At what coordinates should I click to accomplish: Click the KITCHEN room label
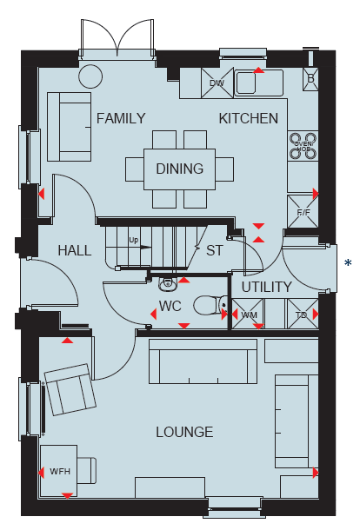point(249,119)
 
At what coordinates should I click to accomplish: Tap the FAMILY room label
point(121,119)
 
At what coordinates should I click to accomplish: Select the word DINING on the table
point(180,169)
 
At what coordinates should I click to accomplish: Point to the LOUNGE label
point(184,432)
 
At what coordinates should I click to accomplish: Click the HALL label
point(75,250)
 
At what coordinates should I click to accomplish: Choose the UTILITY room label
point(266,287)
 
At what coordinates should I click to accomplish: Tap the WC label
point(170,306)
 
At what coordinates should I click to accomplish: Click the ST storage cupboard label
point(215,250)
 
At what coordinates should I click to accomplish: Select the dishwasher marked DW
point(217,83)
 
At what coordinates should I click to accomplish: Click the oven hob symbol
point(303,146)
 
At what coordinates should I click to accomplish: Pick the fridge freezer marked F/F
point(303,212)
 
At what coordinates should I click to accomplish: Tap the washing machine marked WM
point(248,314)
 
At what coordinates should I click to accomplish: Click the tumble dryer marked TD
point(302,314)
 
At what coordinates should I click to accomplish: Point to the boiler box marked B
point(310,79)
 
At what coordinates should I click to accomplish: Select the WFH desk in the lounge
point(58,471)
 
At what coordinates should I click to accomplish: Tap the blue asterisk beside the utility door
point(348,263)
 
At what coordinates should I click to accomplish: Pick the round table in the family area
point(90,76)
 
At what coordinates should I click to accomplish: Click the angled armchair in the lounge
point(70,389)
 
